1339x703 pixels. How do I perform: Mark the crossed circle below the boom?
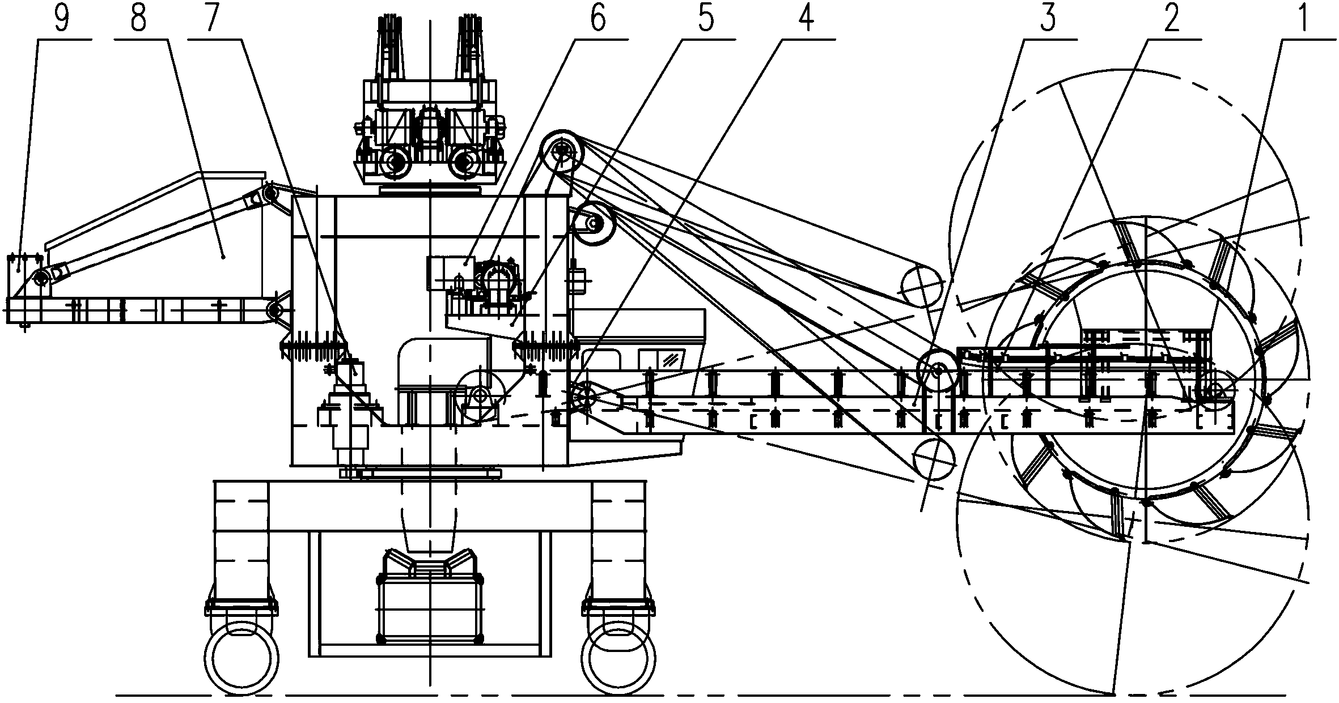point(934,459)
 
